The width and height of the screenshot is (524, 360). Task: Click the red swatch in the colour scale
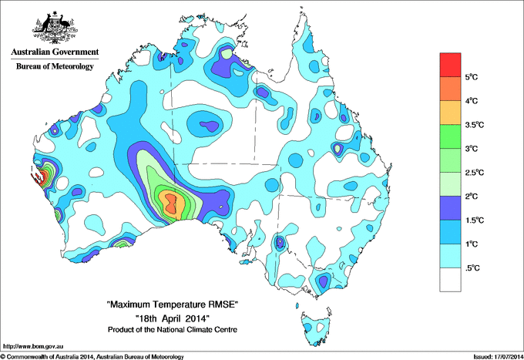tap(450, 64)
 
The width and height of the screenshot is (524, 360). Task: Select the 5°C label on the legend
tap(473, 77)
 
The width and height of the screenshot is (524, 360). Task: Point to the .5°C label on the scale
tap(473, 267)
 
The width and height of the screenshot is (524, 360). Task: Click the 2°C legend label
tap(473, 196)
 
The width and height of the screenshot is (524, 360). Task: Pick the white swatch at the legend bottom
tap(450, 279)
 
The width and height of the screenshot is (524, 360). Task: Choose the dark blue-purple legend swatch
tap(450, 207)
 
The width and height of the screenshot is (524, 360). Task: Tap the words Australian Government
tap(55, 52)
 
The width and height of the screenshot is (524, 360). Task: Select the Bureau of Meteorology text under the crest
tap(55, 67)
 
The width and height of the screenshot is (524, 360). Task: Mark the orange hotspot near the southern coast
tap(170, 205)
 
